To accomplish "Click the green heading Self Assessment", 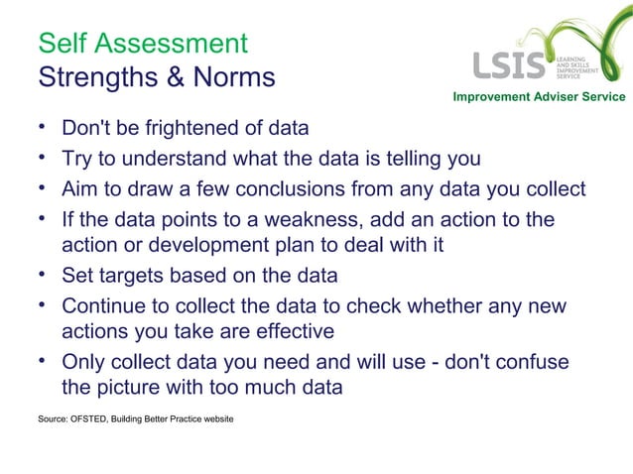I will click(x=142, y=43).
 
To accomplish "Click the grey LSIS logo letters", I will click(x=509, y=65).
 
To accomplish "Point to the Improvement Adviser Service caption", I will click(x=539, y=96).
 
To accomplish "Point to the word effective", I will click(x=288, y=331).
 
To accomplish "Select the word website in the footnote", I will click(x=215, y=419).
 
